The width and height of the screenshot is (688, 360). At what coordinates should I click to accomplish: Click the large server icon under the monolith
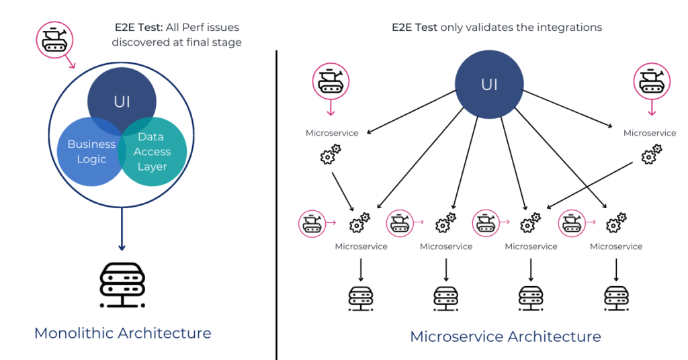click(122, 285)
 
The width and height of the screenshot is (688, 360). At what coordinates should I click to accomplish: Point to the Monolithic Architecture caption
click(122, 332)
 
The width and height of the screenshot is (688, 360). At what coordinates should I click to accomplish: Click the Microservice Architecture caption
click(505, 336)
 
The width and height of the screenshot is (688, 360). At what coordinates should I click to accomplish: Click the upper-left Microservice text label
click(332, 133)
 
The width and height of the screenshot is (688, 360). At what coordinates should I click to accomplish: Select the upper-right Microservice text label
click(649, 133)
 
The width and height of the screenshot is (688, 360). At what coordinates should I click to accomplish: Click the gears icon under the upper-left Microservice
click(330, 155)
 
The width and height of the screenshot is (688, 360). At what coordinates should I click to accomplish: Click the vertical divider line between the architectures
click(276, 201)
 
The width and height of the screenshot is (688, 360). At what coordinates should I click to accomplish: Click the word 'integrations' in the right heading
click(572, 28)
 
